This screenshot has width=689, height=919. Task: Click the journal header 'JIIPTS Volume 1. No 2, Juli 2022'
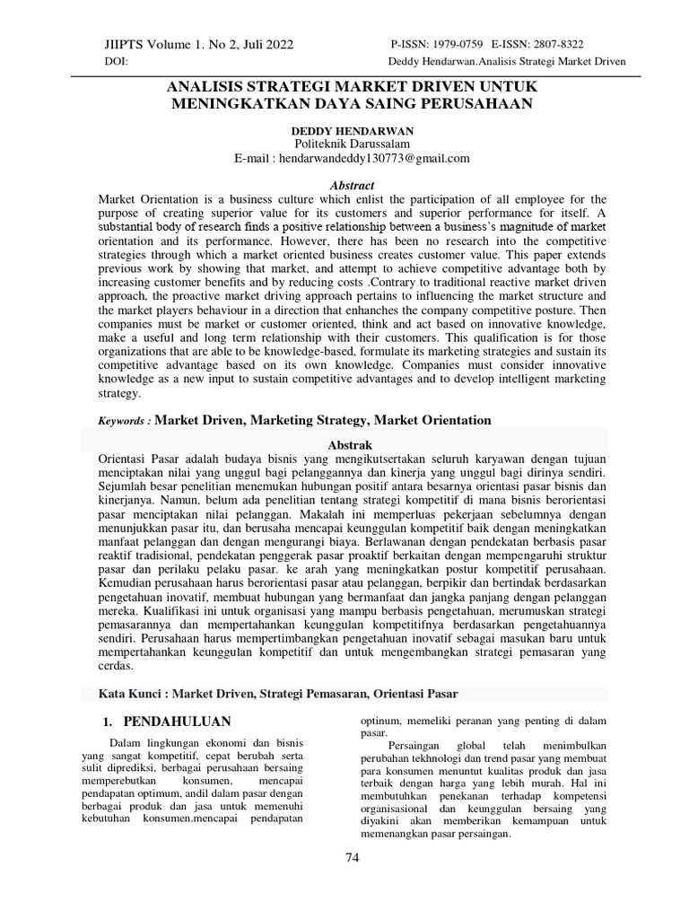(199, 44)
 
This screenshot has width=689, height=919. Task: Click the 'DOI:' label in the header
(117, 62)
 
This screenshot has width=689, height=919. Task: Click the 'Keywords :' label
(126, 420)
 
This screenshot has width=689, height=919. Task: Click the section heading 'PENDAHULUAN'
(177, 722)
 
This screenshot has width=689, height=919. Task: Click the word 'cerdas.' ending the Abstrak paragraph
(117, 668)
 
